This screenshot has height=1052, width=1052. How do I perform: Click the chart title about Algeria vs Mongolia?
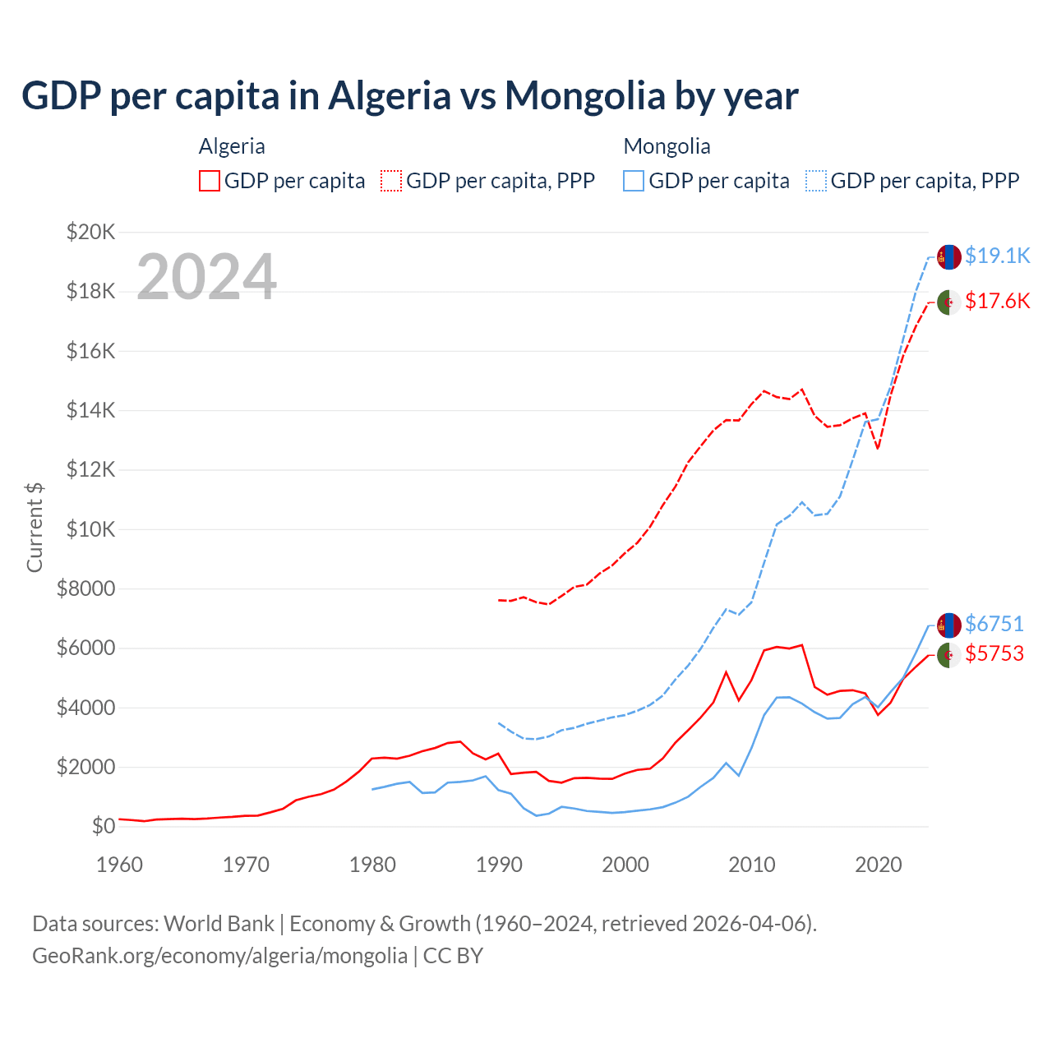409,95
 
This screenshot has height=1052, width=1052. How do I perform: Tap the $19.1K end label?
997,256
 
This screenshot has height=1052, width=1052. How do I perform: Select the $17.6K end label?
997,301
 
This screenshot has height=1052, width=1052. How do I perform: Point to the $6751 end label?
994,624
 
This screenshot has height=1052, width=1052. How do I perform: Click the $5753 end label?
994,653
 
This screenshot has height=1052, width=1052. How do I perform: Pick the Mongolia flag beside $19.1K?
949,256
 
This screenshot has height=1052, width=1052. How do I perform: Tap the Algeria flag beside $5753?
949,655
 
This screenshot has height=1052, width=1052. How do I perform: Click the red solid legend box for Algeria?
210,181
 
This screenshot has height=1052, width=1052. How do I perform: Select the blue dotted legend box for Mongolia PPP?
816,181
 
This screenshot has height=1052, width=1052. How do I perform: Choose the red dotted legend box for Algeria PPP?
392,181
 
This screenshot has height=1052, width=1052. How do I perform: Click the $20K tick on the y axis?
90,232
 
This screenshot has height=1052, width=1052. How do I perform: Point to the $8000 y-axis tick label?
86,588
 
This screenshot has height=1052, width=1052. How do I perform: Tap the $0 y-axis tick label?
103,826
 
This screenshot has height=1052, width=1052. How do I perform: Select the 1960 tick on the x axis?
120,865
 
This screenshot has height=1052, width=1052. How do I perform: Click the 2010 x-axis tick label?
752,865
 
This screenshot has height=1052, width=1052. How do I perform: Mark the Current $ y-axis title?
35,528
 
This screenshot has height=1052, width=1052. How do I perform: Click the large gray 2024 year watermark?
206,277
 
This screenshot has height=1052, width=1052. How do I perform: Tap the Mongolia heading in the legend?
667,146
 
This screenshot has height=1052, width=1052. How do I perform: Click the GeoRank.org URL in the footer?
219,955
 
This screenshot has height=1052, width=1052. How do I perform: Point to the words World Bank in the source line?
219,924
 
